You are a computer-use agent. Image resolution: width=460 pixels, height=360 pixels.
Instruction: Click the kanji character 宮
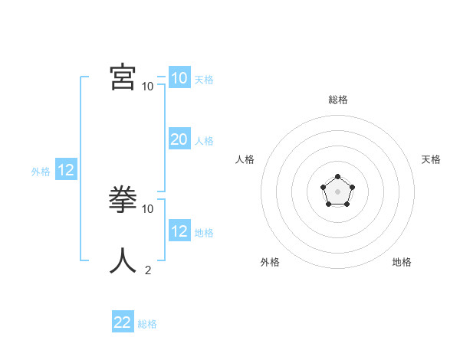pos(123,77)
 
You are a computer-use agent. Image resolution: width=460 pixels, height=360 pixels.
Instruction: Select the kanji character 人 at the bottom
pos(123,261)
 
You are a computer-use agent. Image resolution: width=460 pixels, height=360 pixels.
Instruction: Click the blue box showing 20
pos(179,139)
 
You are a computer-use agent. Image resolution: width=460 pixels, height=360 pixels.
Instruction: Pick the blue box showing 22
pos(123,322)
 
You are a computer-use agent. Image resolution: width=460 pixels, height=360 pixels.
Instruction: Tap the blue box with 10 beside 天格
pos(179,78)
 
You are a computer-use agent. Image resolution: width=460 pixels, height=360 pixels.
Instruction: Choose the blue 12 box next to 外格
pos(66,170)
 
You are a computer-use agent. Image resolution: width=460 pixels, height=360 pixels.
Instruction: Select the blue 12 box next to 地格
pos(179,231)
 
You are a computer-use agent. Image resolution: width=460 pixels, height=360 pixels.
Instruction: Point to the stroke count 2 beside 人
pos(147,270)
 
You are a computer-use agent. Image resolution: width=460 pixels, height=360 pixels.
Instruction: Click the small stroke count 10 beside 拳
pos(148,208)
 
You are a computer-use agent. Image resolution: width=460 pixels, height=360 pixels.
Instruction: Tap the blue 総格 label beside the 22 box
pos(147,324)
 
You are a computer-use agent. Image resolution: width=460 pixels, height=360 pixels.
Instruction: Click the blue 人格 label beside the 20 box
pos(204,141)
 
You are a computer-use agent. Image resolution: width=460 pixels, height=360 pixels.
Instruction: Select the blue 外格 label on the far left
pos(41,172)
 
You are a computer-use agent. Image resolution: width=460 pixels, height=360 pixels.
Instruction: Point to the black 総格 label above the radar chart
pos(337,100)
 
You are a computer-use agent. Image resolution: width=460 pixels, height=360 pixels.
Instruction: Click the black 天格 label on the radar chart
pos(431,159)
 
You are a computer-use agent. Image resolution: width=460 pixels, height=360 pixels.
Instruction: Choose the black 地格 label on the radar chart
pos(402,262)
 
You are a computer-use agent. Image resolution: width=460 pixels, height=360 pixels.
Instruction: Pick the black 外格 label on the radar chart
pos(270,262)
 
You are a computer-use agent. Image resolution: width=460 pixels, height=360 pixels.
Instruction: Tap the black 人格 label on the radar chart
pos(245,159)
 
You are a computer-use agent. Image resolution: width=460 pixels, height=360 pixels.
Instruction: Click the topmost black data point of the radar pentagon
pos(337,177)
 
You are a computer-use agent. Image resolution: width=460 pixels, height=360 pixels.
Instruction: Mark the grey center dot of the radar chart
pos(337,191)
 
